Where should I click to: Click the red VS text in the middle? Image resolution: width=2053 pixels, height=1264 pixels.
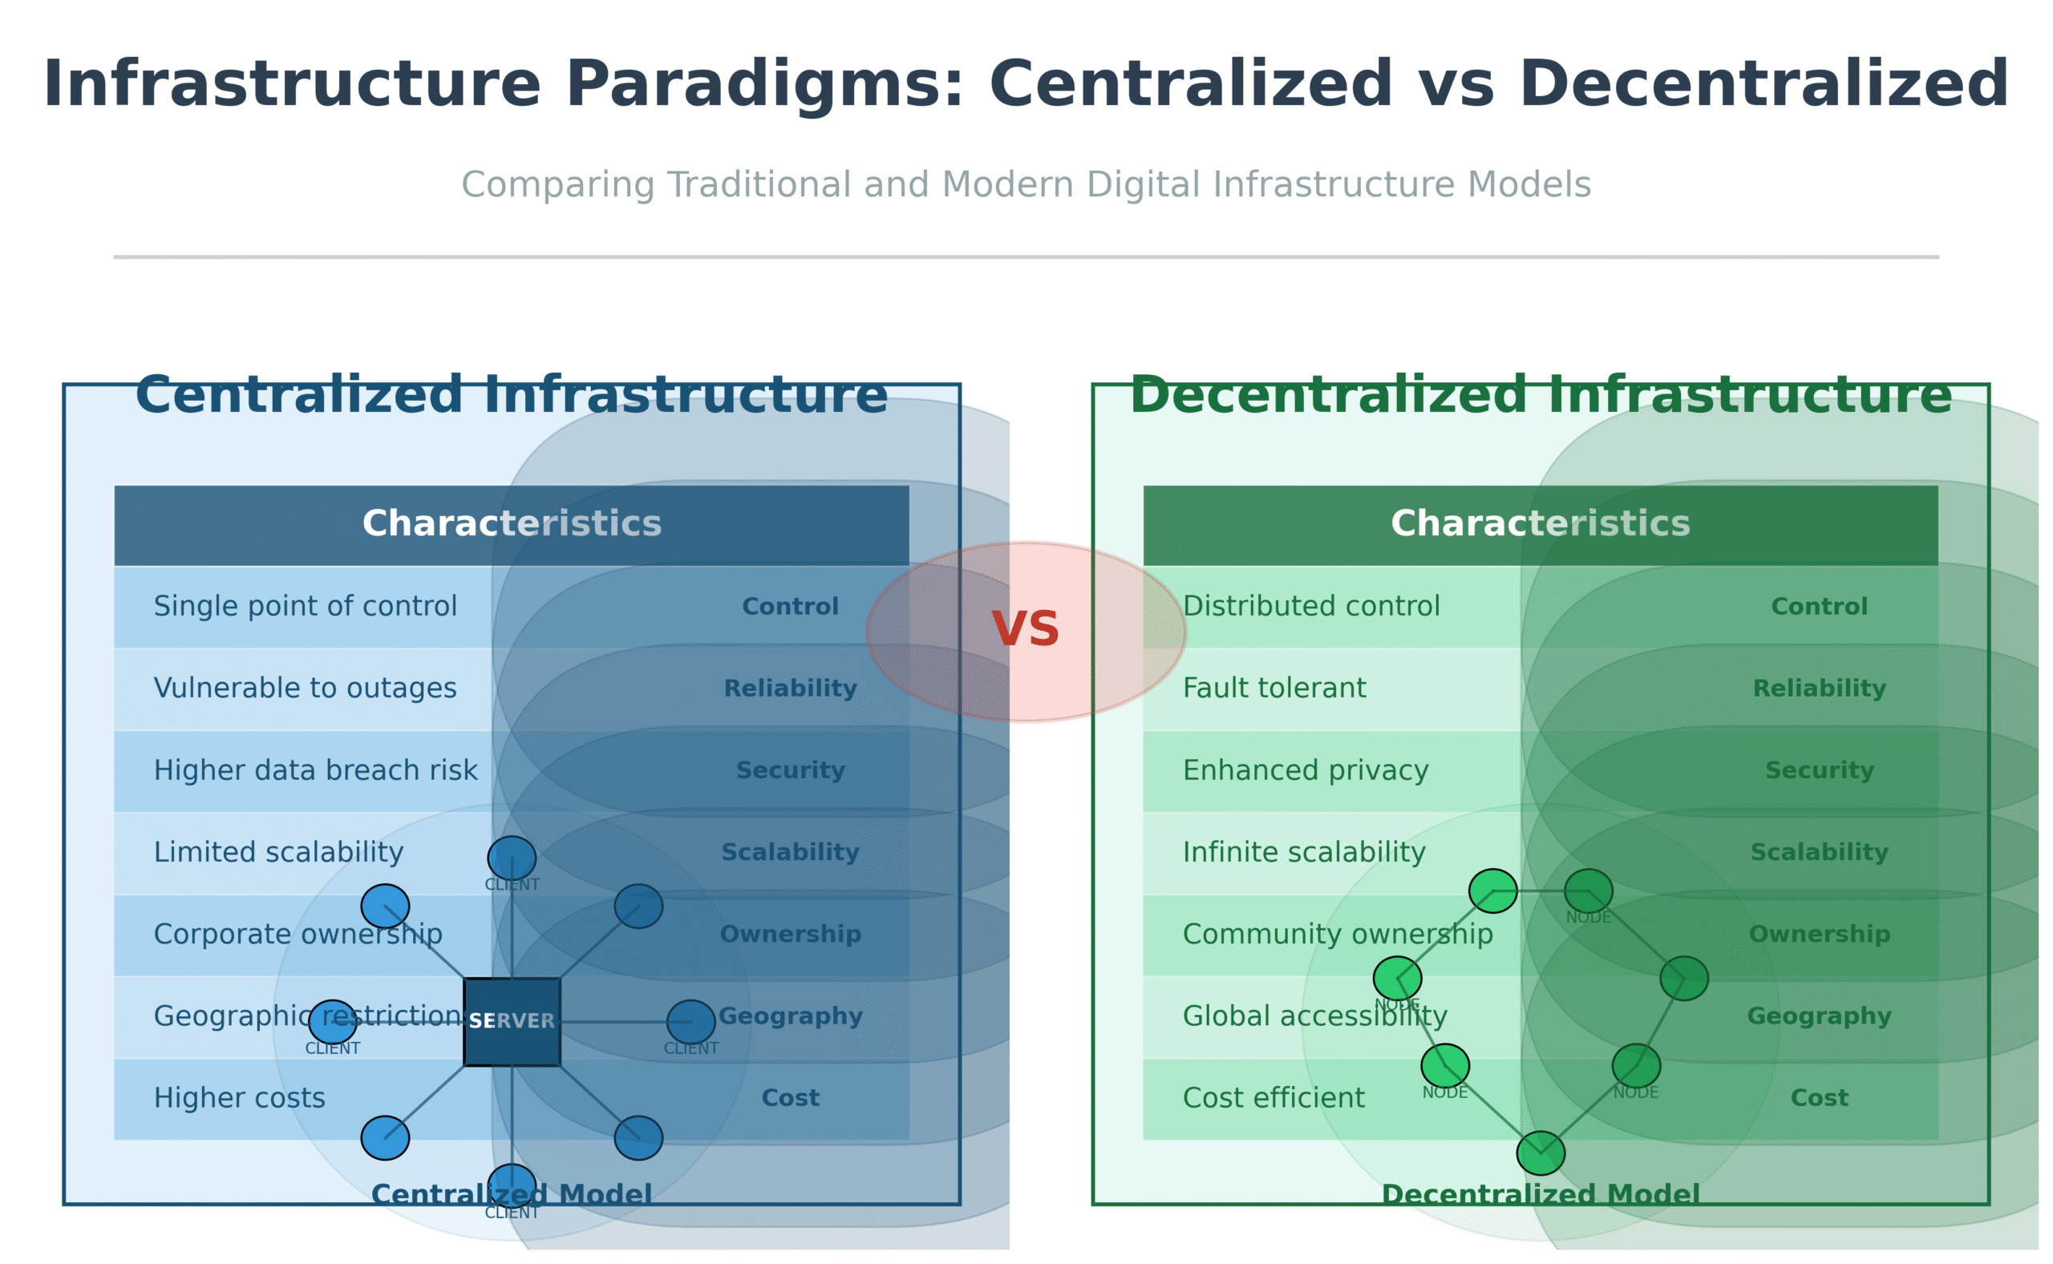click(1025, 629)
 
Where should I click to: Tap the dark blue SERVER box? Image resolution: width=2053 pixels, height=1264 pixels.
click(512, 1022)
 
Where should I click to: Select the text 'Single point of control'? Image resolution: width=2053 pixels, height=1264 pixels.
click(306, 606)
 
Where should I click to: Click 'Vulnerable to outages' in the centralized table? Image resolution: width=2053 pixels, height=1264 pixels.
click(306, 688)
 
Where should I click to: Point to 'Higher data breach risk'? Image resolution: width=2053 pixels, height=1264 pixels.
click(315, 770)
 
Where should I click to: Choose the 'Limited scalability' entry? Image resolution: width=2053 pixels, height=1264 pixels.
click(278, 852)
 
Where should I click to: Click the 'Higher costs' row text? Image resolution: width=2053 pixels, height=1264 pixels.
click(239, 1097)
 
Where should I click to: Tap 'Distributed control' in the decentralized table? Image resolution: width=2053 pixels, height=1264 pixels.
click(1311, 606)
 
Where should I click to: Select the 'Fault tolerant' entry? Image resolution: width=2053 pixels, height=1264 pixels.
click(1274, 688)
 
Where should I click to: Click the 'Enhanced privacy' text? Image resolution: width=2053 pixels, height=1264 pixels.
click(1306, 770)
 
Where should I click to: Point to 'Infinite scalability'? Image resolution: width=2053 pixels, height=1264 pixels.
click(1304, 852)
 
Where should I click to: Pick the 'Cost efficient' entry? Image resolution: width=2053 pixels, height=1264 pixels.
click(1273, 1097)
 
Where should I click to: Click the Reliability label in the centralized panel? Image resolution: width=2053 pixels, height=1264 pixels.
click(790, 688)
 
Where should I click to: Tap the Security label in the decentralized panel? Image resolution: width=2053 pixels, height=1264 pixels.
click(1819, 770)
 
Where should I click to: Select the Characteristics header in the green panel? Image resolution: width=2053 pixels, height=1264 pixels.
click(1541, 523)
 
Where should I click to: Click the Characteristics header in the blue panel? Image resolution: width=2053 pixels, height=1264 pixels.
click(512, 523)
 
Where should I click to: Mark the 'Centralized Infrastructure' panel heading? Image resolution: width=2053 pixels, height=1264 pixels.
click(512, 394)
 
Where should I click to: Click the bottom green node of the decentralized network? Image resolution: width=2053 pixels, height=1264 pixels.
click(1541, 1153)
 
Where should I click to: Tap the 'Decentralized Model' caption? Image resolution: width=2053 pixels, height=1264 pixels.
click(1541, 1194)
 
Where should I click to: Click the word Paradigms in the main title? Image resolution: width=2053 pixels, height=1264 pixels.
click(764, 84)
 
